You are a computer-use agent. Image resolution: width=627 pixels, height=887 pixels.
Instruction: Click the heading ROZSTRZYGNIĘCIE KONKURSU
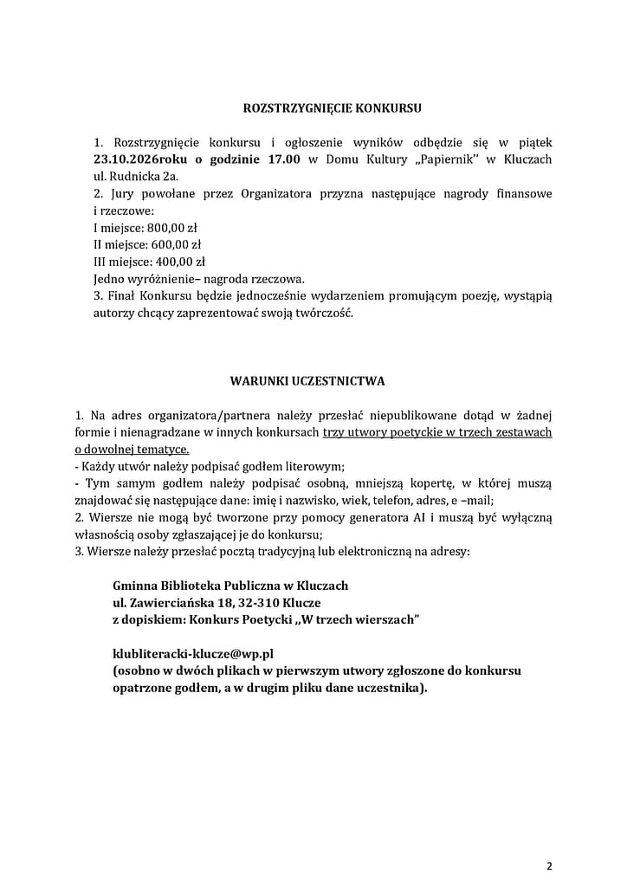[x=333, y=109]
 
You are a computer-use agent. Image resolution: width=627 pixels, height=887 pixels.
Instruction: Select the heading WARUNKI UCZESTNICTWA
[x=307, y=380]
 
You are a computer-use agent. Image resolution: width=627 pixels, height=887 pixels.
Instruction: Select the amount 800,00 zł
[x=173, y=228]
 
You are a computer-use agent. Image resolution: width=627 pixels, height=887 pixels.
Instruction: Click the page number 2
[x=549, y=865]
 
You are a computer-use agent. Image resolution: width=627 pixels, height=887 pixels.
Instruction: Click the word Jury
[x=120, y=194]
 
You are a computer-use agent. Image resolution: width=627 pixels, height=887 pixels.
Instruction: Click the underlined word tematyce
[x=165, y=450]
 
